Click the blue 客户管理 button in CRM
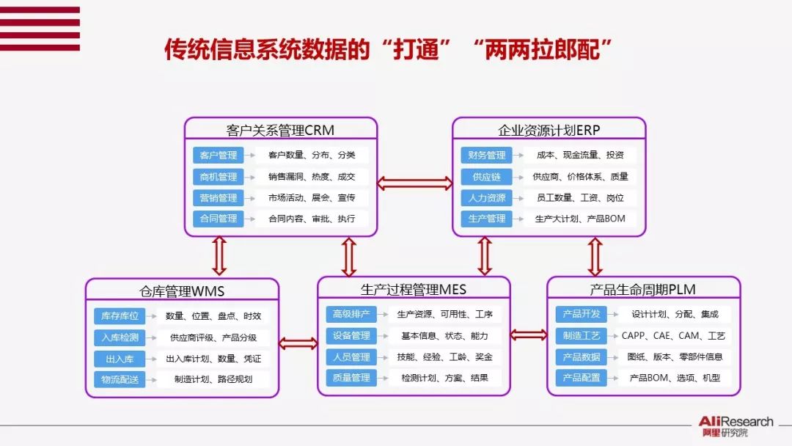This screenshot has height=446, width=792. pos(218,156)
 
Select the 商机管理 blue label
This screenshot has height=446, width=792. pos(218,177)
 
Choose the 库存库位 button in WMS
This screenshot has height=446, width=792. pos(120,316)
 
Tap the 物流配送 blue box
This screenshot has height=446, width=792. pos(120,379)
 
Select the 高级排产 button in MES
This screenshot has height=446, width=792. pos(351,314)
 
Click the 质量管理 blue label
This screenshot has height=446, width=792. pos(351,378)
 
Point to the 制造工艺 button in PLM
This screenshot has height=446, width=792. pos(582,335)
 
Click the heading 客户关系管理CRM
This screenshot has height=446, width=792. pos(280,131)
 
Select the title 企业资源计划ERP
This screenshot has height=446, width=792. pos(549,131)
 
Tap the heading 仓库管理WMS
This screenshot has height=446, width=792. pos(182,291)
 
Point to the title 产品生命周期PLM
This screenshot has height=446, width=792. pos(643,289)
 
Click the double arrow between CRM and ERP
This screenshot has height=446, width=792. pos(414,183)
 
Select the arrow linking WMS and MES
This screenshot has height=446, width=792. pos(298,343)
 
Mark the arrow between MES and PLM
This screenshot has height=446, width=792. pos(528,335)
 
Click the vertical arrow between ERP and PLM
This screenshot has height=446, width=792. pos(595,256)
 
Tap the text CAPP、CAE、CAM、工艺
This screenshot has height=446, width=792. pos(673,336)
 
